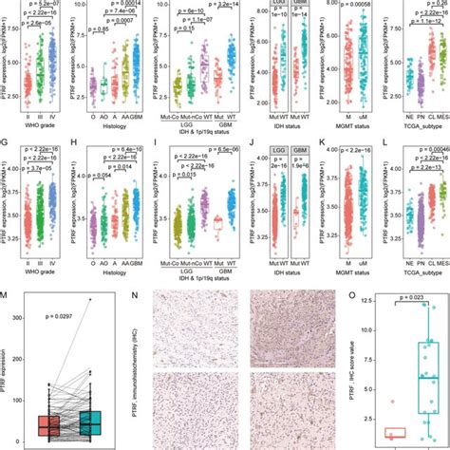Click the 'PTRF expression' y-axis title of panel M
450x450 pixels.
click(7, 366)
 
